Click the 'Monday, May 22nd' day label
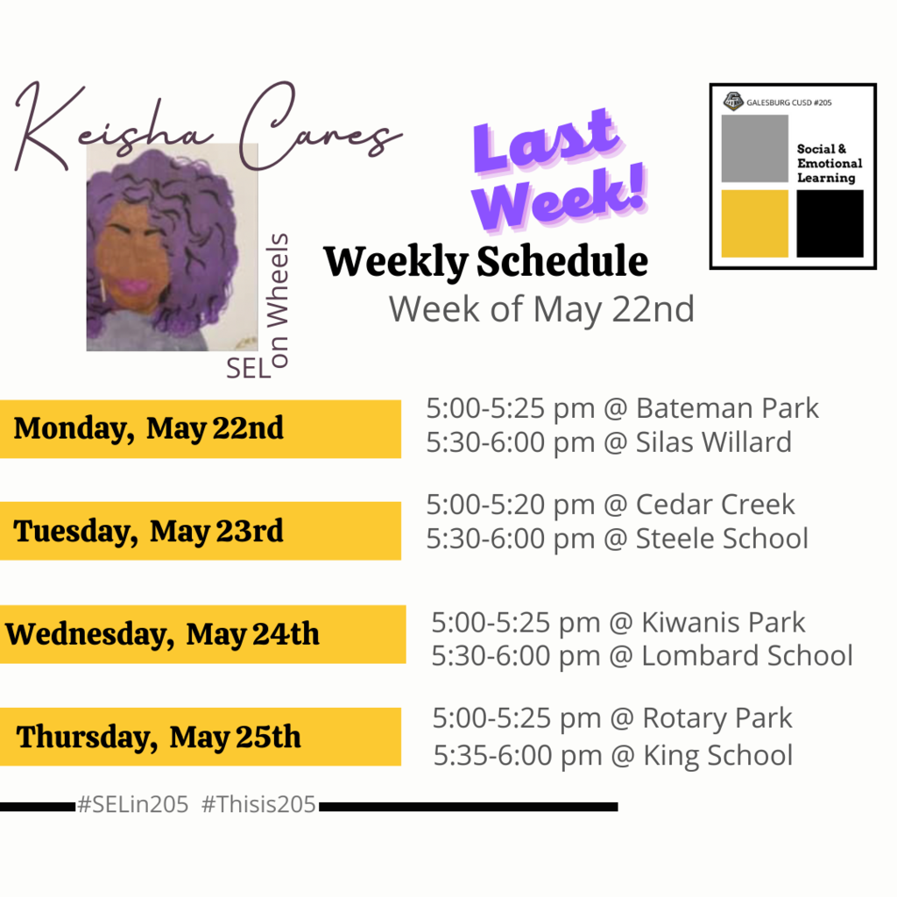coord(149,428)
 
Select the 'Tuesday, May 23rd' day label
coord(149,532)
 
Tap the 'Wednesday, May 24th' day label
coord(162,634)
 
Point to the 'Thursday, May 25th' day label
coord(159,738)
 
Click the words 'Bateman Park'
coord(727,408)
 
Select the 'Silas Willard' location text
coord(714,442)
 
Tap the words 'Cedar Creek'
coord(715,505)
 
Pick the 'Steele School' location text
coord(722,539)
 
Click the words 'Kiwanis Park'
coord(723,623)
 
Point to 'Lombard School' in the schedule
coord(747,655)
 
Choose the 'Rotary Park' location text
coord(717,718)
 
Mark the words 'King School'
coord(718,756)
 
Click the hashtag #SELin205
coord(133,805)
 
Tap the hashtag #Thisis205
coord(258,805)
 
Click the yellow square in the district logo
coord(754,223)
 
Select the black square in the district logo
coord(830,223)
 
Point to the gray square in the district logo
coord(754,148)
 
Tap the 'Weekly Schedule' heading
coord(485,262)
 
